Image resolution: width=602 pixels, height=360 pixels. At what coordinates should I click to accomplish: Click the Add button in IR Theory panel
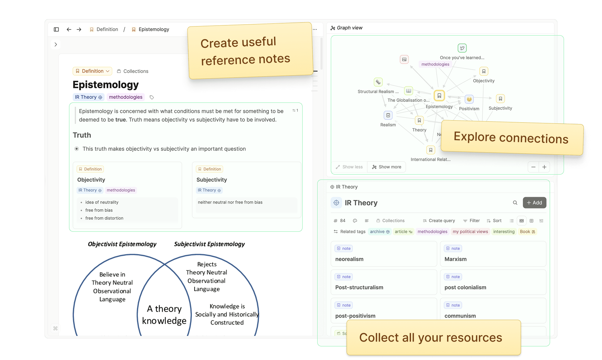(x=534, y=202)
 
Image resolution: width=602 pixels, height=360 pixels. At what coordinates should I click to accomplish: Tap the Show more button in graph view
(x=387, y=167)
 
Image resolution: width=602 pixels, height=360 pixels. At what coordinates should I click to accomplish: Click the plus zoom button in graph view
(x=544, y=167)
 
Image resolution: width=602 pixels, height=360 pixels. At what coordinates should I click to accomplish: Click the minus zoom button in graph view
(x=533, y=167)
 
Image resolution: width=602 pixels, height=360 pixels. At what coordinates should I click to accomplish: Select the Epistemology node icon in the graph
(x=439, y=95)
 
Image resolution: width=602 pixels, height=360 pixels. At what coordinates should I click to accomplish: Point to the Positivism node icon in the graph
(x=469, y=99)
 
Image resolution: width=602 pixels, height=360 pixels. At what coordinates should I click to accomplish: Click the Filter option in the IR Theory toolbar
(x=471, y=221)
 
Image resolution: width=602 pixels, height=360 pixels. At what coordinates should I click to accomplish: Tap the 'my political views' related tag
(x=470, y=231)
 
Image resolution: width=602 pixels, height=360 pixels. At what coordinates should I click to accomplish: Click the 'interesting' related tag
(x=504, y=231)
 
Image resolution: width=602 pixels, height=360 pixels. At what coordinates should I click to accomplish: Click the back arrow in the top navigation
(x=69, y=30)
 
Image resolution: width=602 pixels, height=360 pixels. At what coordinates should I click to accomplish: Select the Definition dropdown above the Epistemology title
(x=92, y=71)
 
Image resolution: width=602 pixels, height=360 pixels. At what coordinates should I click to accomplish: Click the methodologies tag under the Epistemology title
(x=125, y=97)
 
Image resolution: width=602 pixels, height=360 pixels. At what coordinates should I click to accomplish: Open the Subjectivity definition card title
(x=212, y=180)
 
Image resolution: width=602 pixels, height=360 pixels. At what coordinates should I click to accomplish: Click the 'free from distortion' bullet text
(x=104, y=218)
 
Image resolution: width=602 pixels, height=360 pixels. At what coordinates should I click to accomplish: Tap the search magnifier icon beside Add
(x=515, y=203)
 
